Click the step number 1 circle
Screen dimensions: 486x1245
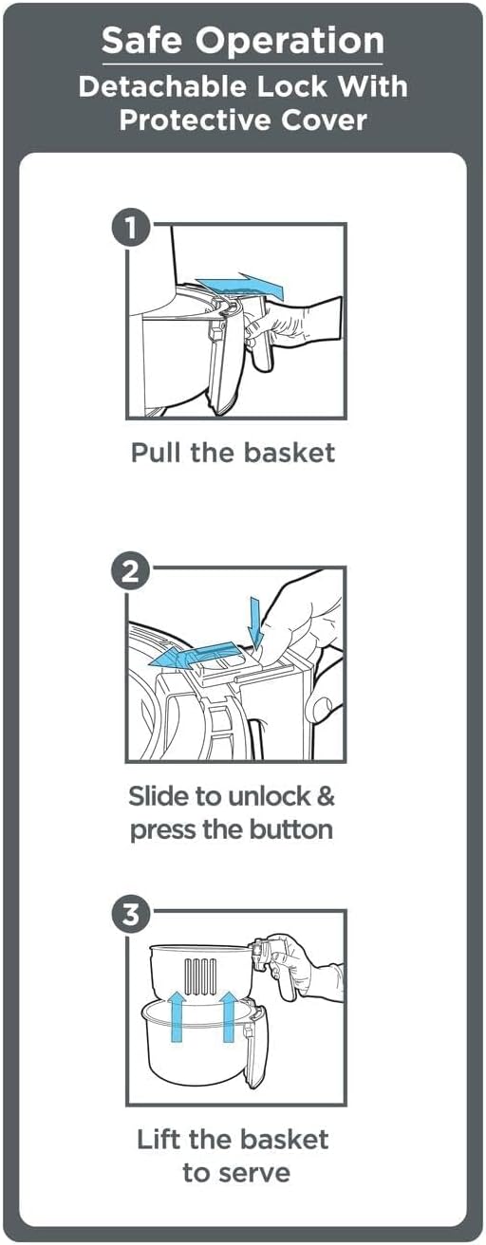(131, 228)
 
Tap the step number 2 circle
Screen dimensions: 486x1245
(131, 571)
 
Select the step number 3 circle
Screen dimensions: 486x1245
(131, 914)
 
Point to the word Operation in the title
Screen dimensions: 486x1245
(290, 42)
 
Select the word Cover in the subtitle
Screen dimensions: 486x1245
(324, 121)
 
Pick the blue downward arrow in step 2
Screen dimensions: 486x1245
(255, 622)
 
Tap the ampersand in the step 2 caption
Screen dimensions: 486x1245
(326, 796)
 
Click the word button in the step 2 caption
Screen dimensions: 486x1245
(290, 829)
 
